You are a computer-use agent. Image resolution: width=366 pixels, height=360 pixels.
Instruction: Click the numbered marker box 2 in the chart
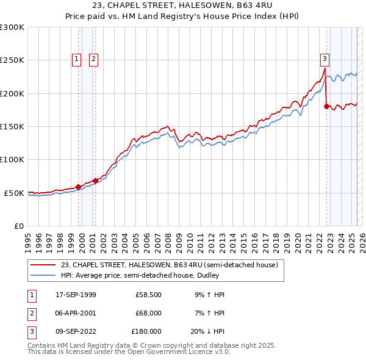point(94,59)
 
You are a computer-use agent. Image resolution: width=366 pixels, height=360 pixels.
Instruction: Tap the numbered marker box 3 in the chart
point(325,59)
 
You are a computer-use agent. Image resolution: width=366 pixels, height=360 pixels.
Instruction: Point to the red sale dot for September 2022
point(326,106)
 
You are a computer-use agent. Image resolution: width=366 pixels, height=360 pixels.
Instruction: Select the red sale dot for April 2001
point(96,181)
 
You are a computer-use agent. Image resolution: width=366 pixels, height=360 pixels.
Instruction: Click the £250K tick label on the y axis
point(12,60)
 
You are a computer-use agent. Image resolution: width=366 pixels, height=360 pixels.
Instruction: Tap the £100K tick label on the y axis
point(12,159)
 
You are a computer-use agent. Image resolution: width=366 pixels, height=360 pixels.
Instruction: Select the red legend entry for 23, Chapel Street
point(169,265)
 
